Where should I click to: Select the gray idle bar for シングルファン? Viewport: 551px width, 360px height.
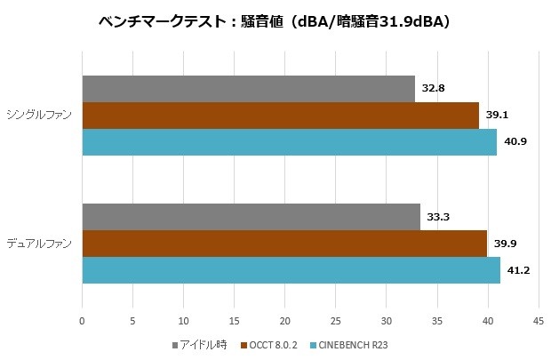click(x=248, y=89)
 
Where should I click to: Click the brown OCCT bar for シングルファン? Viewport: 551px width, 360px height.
click(x=280, y=116)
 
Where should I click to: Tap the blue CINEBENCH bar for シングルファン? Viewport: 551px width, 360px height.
click(x=289, y=142)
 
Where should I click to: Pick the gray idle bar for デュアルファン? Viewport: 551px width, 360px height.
click(x=251, y=217)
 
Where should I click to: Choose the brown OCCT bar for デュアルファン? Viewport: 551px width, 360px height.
click(x=284, y=244)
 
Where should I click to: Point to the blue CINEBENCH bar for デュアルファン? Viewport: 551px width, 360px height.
click(x=291, y=270)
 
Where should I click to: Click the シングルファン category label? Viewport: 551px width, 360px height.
click(x=39, y=116)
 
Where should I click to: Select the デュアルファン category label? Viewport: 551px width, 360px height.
click(x=39, y=244)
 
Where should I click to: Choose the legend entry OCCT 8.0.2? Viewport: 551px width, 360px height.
click(x=273, y=345)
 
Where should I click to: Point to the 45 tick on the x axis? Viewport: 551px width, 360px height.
click(x=538, y=321)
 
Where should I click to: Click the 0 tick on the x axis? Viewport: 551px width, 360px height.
click(x=82, y=321)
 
